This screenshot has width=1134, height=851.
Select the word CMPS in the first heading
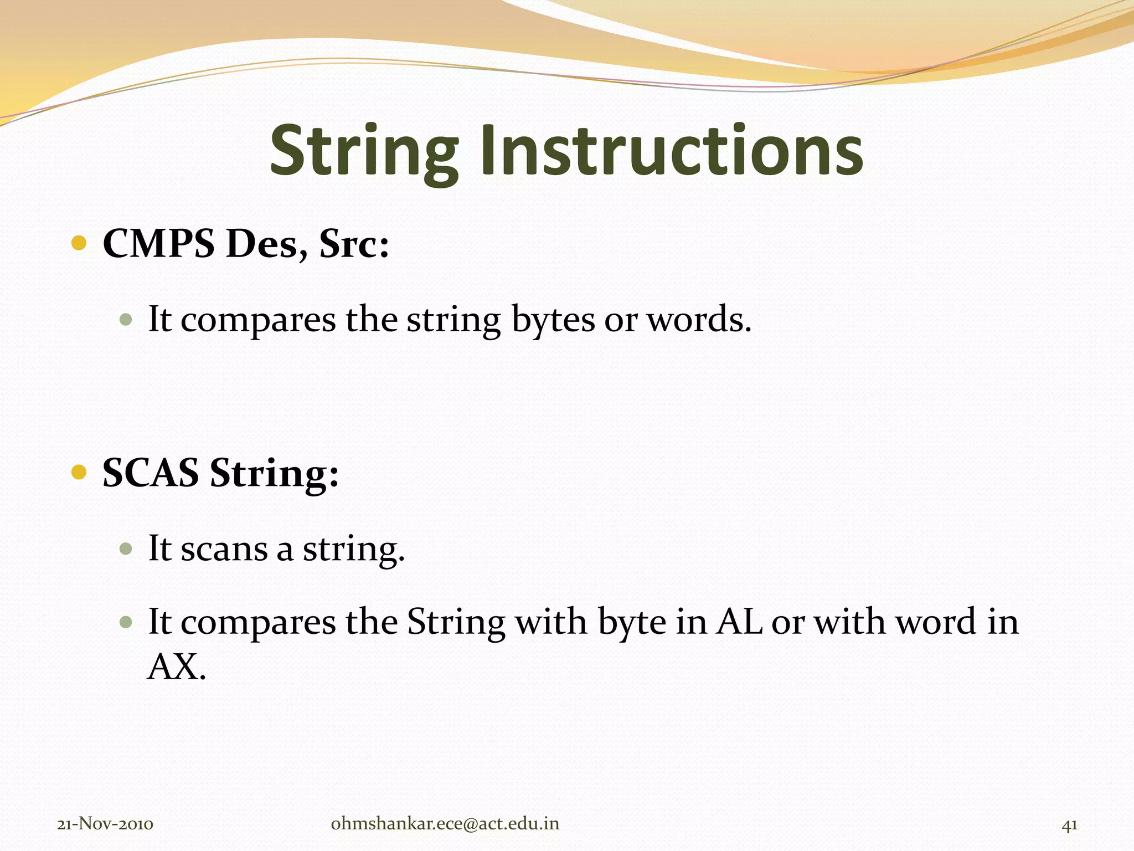tap(159, 244)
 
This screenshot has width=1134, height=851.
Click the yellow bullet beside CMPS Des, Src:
tap(79, 243)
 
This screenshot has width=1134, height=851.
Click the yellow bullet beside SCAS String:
tap(79, 473)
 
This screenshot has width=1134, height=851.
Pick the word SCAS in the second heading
tap(151, 473)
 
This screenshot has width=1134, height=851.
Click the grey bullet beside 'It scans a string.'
tap(126, 548)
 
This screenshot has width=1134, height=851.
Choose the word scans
tap(224, 549)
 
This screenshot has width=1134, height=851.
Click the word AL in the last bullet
tap(739, 622)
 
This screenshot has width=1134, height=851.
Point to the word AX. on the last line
tap(177, 667)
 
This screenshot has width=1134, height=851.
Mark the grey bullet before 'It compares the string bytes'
tap(126, 320)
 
